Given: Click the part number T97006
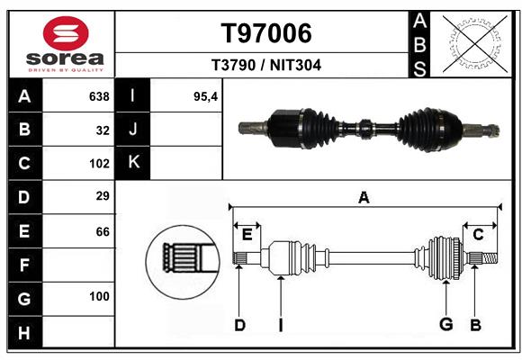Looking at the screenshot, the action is [x=266, y=33].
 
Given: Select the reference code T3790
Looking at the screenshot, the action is [x=234, y=65].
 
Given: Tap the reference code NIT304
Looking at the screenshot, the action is [x=295, y=65].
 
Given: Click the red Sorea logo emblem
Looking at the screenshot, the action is [x=66, y=33].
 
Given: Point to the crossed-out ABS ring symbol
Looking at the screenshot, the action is [x=475, y=43].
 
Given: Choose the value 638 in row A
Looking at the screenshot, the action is [x=99, y=96].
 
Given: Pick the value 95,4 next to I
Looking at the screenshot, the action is [x=205, y=96].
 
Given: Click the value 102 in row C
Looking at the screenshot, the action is [x=99, y=164].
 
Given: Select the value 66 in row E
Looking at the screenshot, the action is [x=103, y=231].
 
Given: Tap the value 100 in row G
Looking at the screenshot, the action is [x=99, y=296].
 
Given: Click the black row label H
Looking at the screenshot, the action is [x=25, y=332].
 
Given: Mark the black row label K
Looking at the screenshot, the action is [x=133, y=163].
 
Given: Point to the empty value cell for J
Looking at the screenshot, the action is [x=185, y=129].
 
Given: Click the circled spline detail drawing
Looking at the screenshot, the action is [x=183, y=262].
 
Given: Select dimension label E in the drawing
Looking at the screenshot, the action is [x=247, y=235].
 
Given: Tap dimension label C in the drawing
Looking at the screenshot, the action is [x=478, y=235].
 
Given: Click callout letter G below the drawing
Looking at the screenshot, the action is [x=446, y=324].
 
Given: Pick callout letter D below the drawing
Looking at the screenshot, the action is [x=239, y=325].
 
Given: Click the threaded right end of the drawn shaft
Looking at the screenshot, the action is [x=490, y=258].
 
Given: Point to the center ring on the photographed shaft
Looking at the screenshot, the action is [x=365, y=128].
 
